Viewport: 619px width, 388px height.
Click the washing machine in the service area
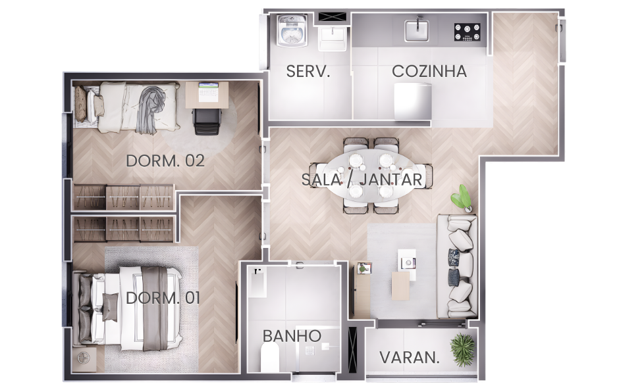(x=292, y=31)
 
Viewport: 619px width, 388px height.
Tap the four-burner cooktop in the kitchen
(x=468, y=32)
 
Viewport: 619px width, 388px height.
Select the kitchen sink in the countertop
(x=416, y=30)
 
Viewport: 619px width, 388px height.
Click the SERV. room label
(x=308, y=72)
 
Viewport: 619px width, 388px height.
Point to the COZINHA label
(x=429, y=72)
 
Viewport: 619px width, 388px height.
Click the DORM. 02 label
(x=165, y=160)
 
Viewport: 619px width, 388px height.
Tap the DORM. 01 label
(x=163, y=298)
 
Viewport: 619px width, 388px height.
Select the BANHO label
(x=292, y=336)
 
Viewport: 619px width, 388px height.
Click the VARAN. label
(x=410, y=358)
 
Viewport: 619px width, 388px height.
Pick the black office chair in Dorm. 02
(x=207, y=120)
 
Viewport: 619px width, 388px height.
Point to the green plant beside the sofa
(x=462, y=199)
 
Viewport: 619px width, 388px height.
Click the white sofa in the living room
(x=457, y=266)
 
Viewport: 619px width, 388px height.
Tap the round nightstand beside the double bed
(x=84, y=359)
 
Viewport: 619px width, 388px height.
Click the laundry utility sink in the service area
(x=333, y=38)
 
